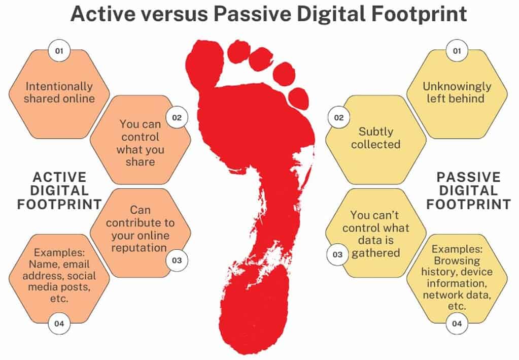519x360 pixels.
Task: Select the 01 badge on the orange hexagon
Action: (59, 51)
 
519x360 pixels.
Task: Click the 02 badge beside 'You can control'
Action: (177, 117)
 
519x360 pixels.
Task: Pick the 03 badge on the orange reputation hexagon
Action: (177, 260)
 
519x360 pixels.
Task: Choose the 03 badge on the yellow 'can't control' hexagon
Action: (338, 254)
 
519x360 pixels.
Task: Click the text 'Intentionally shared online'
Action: (59, 92)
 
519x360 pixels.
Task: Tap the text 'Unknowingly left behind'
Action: (457, 92)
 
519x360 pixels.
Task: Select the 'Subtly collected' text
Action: (376, 138)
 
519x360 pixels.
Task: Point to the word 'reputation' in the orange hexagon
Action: (141, 247)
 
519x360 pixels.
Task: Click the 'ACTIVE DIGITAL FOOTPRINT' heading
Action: (59, 190)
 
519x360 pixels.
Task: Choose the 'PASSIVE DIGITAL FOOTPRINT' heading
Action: (468, 190)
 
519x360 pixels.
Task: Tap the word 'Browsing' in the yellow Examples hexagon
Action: (457, 260)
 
